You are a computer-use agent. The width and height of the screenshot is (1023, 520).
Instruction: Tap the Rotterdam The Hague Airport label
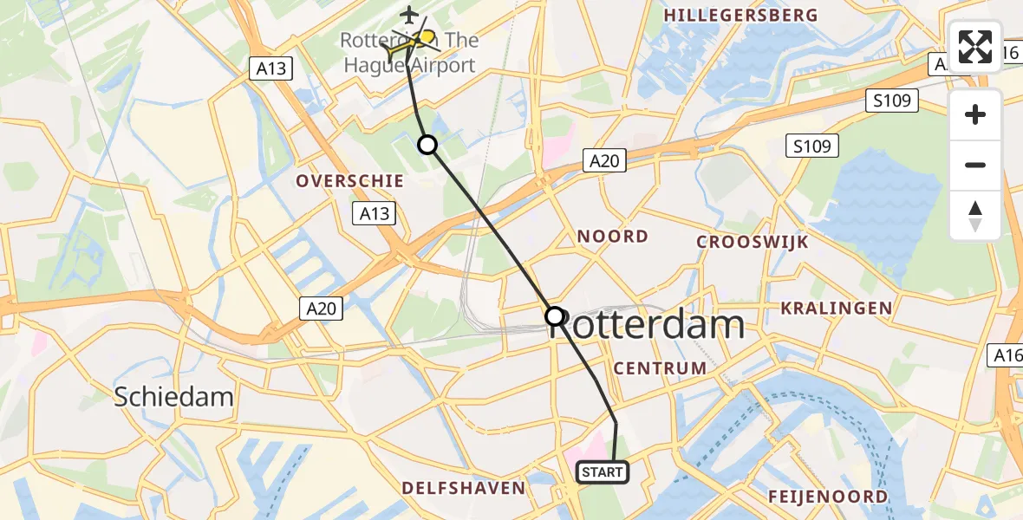click(x=408, y=54)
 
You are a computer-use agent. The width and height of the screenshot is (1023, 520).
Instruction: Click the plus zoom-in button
click(x=975, y=115)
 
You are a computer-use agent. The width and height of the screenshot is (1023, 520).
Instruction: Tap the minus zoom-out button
click(x=975, y=165)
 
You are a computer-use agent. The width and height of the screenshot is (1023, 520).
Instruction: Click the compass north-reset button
click(x=975, y=215)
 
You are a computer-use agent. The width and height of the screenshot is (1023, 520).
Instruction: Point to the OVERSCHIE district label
click(x=350, y=181)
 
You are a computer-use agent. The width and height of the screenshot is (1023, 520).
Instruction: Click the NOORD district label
click(x=613, y=237)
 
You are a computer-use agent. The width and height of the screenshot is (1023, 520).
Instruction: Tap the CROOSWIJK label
click(x=753, y=242)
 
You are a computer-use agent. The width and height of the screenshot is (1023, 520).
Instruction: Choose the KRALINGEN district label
click(x=836, y=308)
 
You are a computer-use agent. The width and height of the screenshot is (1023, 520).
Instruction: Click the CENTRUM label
click(x=660, y=368)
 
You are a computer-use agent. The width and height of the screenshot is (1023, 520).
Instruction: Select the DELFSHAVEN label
click(x=463, y=488)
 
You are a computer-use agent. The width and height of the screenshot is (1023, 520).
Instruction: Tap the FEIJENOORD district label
click(x=827, y=497)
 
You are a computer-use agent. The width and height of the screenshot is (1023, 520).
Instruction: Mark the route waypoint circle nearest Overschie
click(x=427, y=145)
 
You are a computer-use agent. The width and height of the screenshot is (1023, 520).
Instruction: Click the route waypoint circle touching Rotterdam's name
click(x=555, y=316)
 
